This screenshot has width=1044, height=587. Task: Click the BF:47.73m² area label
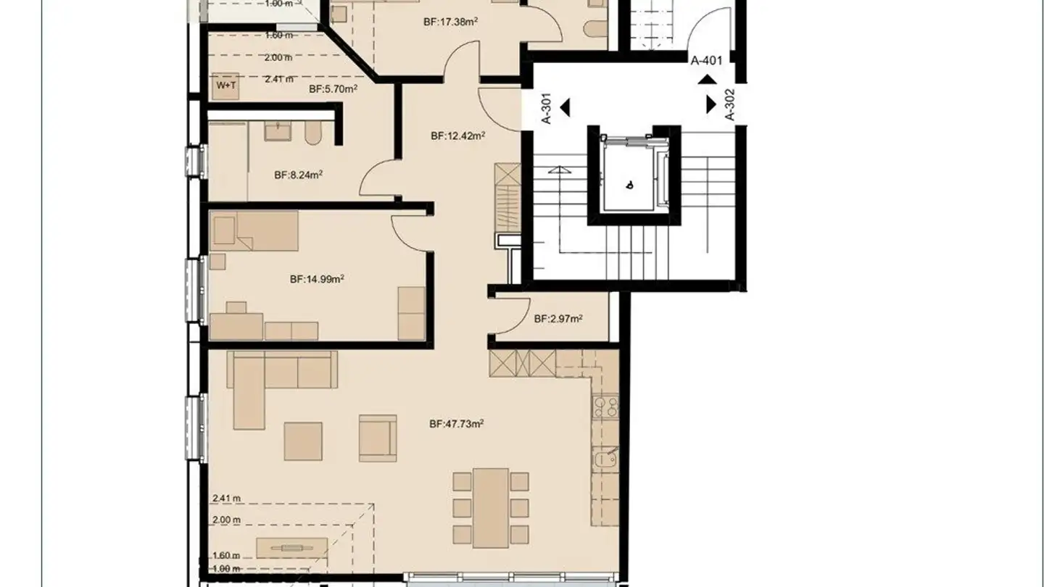(456, 425)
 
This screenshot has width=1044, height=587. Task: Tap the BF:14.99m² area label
(317, 279)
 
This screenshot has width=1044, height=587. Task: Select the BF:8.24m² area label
(298, 175)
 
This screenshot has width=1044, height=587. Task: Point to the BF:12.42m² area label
(457, 136)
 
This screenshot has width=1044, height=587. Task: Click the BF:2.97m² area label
(559, 319)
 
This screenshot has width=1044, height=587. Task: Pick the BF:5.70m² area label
(333, 89)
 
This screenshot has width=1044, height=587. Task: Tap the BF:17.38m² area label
(449, 22)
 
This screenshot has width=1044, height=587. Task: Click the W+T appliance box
(226, 86)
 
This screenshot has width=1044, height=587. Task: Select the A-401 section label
(706, 61)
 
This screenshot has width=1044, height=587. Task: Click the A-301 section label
(547, 108)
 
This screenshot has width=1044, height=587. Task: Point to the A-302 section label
(730, 104)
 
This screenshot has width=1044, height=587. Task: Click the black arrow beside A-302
(711, 104)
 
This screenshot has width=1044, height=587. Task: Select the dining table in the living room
(491, 507)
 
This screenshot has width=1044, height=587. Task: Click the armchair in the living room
(378, 437)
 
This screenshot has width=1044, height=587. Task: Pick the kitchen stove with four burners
(605, 407)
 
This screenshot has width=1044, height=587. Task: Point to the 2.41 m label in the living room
(226, 498)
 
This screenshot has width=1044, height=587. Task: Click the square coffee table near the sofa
(303, 441)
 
